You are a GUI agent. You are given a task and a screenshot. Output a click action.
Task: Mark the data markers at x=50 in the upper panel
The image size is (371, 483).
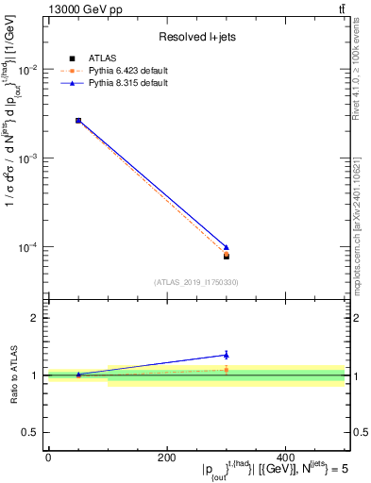(78, 121)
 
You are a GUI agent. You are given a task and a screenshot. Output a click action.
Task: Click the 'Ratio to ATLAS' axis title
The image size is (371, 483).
(13, 375)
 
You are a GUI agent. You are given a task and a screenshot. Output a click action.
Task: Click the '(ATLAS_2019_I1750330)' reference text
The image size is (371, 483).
(195, 281)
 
